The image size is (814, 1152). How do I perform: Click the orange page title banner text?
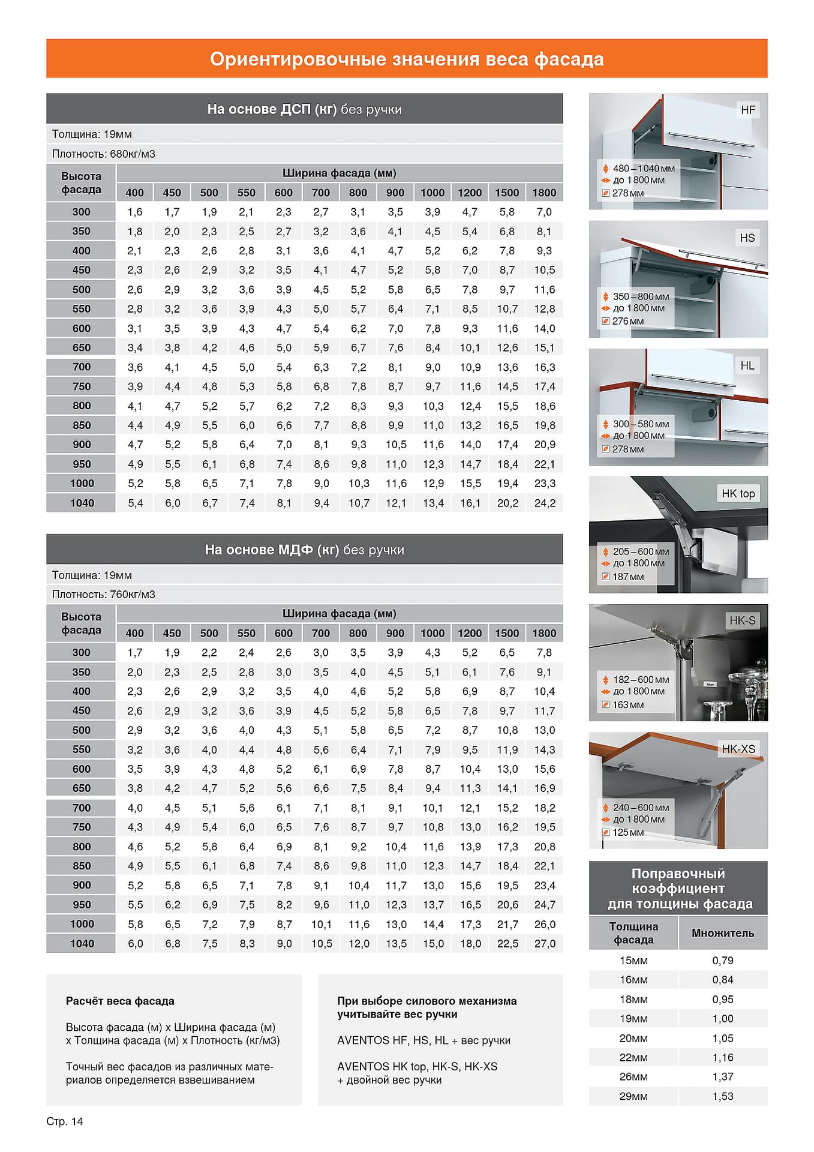pos(407,59)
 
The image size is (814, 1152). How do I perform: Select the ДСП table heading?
pos(304,109)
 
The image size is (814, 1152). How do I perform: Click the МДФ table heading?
pos(304,550)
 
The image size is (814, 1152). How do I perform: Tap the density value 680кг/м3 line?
pos(103,154)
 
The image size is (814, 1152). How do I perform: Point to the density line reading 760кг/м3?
pos(103,594)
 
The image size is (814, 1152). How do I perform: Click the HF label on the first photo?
pos(748,110)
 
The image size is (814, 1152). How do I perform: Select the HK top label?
pos(738,493)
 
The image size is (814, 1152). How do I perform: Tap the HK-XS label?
pos(738,749)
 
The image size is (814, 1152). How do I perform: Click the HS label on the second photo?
pos(747,238)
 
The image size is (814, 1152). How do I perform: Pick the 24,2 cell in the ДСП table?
pos(545,503)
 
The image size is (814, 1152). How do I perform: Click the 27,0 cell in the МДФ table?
pos(545,943)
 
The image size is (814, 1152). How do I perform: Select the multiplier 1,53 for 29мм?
pos(723,1096)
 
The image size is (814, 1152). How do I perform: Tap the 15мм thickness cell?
pos(633,961)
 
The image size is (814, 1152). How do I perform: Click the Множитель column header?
pos(723,933)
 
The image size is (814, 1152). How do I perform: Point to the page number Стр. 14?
pos(65,1121)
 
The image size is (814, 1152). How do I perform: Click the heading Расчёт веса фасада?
pos(120,1001)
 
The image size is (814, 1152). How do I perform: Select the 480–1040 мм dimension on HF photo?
pos(643,169)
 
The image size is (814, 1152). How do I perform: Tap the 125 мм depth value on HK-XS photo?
pos(628,832)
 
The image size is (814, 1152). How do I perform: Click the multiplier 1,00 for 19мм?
pos(723,1019)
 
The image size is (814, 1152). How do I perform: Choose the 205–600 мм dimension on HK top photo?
pos(641,551)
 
